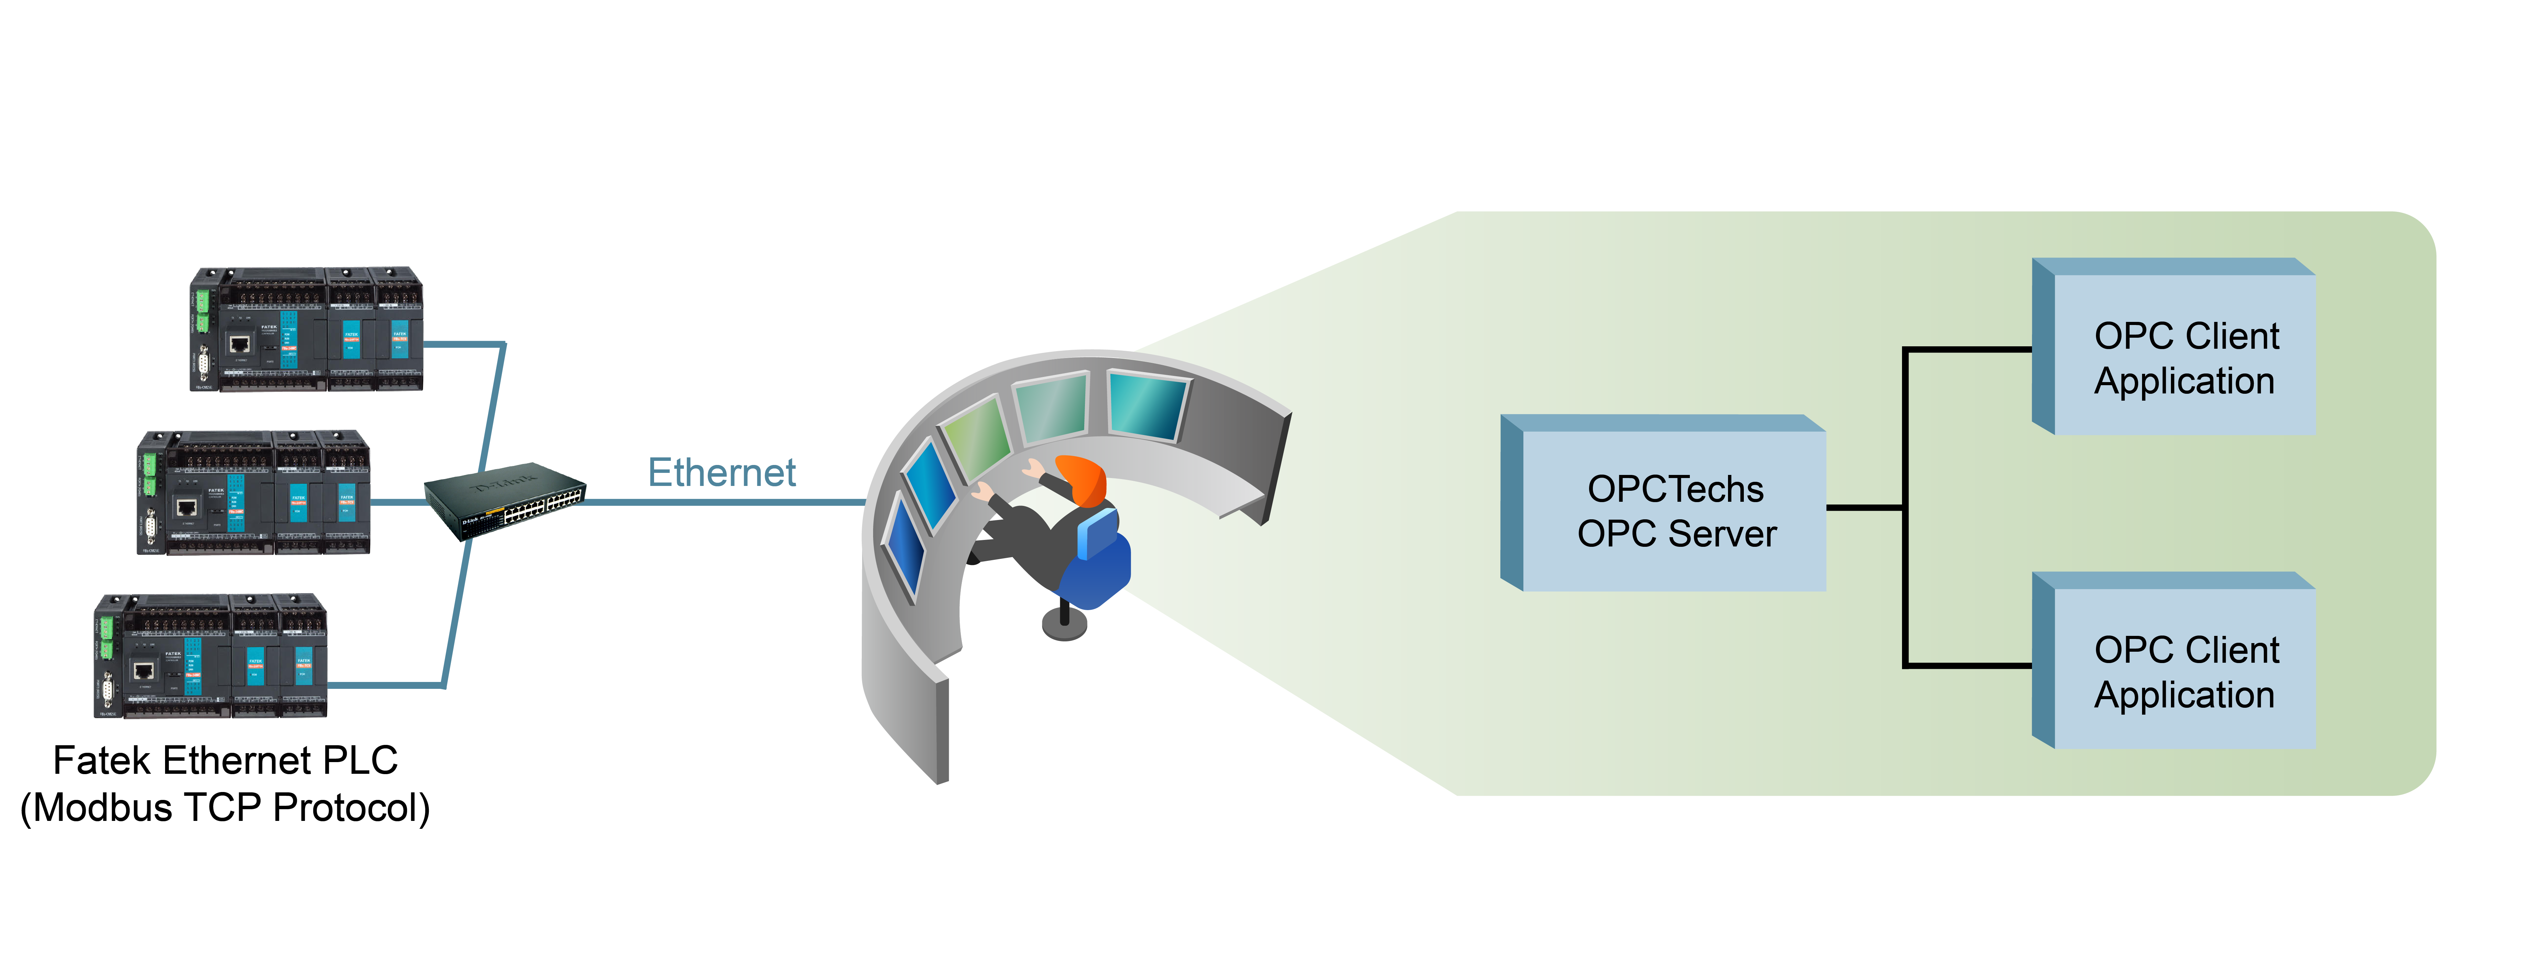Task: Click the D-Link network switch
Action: (x=505, y=500)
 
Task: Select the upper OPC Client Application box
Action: (x=2184, y=357)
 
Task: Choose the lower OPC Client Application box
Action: (x=2184, y=672)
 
